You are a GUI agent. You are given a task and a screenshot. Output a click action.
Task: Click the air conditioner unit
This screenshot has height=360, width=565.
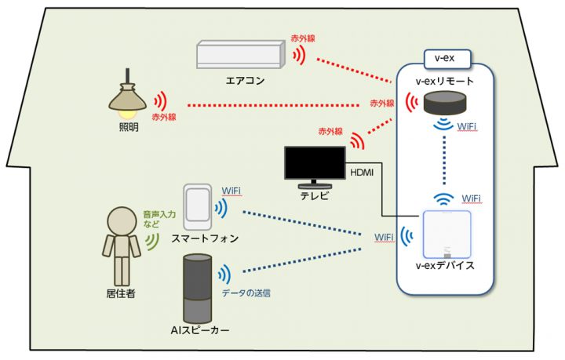tap(241, 54)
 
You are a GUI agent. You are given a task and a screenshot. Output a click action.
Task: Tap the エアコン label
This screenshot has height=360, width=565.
tap(245, 80)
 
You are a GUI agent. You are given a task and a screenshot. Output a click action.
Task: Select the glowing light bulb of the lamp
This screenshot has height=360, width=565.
tap(128, 115)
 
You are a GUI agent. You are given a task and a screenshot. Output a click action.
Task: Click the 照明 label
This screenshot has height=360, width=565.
tap(129, 127)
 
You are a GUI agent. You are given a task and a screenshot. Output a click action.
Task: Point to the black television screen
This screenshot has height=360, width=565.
tap(315, 162)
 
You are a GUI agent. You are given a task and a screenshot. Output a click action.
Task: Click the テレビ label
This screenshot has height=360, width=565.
tap(315, 196)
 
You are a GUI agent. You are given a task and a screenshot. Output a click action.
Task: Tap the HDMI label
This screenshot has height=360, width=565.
tap(362, 173)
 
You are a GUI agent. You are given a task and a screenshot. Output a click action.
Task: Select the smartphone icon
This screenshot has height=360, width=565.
tap(197, 207)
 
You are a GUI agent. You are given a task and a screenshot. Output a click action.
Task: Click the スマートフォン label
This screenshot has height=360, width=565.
tap(205, 238)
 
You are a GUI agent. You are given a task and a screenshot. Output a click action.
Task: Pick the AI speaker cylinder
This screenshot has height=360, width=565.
tap(197, 289)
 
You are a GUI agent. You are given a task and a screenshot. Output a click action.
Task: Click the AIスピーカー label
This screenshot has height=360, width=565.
tap(199, 330)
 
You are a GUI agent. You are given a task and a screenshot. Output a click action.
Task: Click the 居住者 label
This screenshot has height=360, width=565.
tap(121, 294)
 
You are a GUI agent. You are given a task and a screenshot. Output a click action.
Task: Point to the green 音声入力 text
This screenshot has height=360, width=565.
tap(159, 215)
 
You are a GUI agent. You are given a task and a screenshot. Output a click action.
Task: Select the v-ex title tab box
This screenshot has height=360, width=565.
tap(447, 59)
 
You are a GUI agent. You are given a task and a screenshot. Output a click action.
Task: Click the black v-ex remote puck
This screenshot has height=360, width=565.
tap(445, 103)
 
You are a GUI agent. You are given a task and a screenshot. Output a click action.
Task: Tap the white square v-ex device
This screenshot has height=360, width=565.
tap(447, 235)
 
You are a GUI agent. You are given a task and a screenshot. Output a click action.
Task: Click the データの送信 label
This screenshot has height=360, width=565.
tap(246, 293)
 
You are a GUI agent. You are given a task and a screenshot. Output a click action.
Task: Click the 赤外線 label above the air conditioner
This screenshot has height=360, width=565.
tap(303, 38)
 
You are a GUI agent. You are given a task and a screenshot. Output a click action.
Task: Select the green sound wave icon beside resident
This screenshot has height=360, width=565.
tap(153, 242)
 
